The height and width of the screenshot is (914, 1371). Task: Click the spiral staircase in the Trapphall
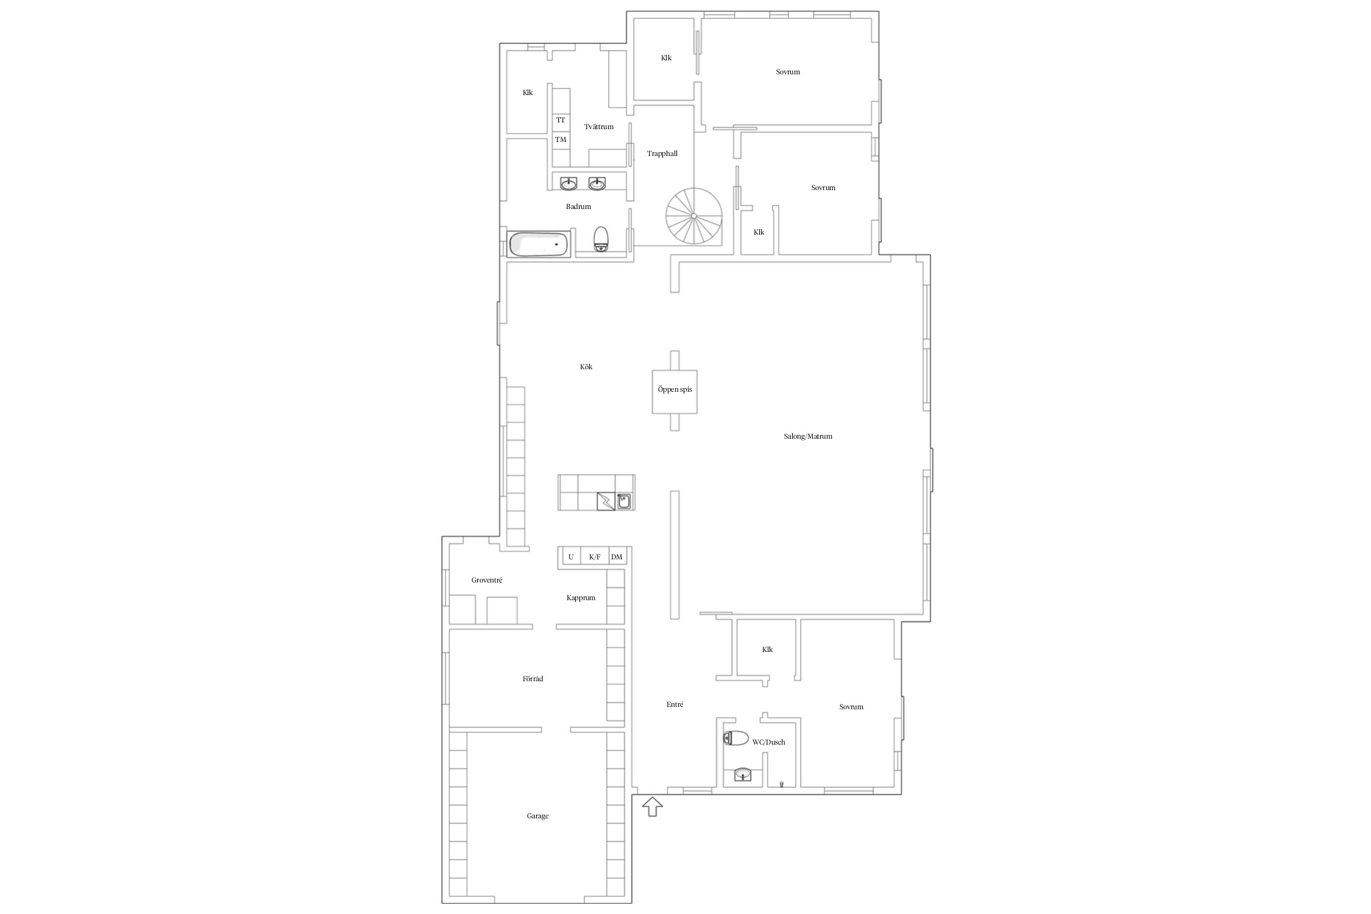click(693, 216)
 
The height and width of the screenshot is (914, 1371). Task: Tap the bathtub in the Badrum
click(539, 244)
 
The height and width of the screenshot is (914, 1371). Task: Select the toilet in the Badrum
click(601, 239)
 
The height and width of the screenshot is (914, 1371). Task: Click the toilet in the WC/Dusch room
click(735, 739)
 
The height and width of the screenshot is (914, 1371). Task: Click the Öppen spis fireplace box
click(675, 391)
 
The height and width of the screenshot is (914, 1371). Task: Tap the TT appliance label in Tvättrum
click(561, 120)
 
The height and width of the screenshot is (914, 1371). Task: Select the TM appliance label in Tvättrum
click(561, 140)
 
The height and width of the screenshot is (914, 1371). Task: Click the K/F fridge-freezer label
click(595, 557)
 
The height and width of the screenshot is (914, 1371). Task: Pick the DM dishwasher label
click(617, 557)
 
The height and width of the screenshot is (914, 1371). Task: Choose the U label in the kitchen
click(571, 557)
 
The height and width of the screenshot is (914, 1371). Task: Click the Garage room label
click(537, 816)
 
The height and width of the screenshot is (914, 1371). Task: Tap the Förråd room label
click(533, 679)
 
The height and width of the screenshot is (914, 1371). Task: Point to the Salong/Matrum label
click(808, 436)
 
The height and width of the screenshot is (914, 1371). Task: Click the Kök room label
click(586, 367)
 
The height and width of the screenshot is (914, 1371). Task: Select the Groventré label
click(487, 580)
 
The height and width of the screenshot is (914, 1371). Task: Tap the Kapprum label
click(581, 598)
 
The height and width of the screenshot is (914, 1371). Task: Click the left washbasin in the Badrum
click(569, 183)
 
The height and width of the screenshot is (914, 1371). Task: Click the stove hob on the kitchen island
click(606, 501)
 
